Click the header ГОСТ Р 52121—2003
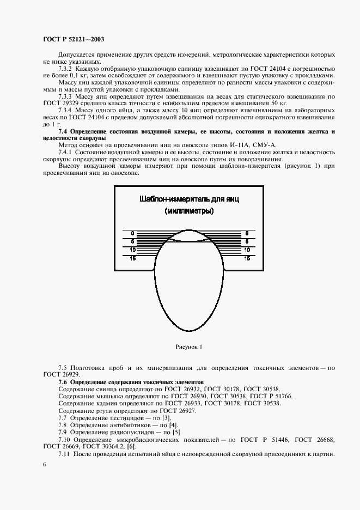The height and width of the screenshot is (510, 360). (73, 40)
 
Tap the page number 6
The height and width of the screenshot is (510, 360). (45, 464)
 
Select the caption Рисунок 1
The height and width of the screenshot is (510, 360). (189, 346)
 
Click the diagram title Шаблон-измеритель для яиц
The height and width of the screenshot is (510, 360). (189, 199)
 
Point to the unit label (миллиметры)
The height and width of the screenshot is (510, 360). (189, 211)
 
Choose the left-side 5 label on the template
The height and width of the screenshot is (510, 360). (132, 240)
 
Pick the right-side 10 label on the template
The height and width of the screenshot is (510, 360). (247, 250)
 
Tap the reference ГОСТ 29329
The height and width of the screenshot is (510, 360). (61, 104)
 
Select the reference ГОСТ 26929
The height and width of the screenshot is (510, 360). (61, 375)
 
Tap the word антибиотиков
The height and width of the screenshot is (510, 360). (123, 424)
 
